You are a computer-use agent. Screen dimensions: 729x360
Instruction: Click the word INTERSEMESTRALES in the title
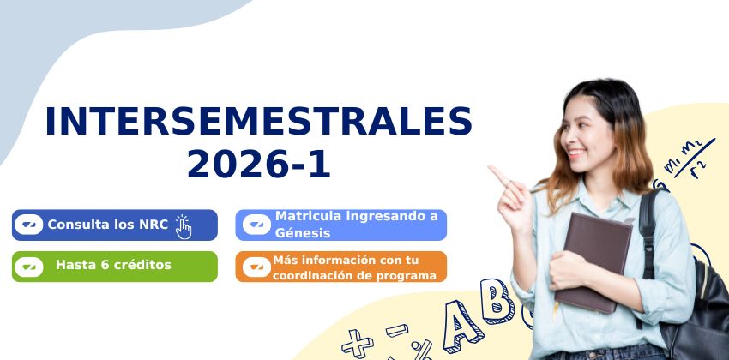click(258, 122)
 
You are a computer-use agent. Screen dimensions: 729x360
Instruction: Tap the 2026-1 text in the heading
click(259, 165)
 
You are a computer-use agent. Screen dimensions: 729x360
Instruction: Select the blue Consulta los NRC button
click(115, 225)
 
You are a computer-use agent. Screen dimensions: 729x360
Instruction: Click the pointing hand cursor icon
click(184, 226)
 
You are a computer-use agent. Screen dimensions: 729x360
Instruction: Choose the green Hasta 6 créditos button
click(115, 267)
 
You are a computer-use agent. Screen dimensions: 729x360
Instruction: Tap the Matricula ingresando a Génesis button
click(340, 225)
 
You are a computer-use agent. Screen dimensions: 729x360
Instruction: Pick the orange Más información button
click(340, 267)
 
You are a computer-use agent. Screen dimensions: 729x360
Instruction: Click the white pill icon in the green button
click(29, 267)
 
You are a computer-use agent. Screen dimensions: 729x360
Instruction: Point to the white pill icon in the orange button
click(256, 267)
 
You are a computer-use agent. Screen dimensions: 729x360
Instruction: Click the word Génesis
click(303, 233)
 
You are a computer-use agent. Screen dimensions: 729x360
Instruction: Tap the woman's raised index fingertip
click(491, 168)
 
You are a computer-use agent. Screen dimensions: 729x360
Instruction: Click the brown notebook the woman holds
click(593, 261)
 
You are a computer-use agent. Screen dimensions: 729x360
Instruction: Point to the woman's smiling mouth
click(576, 152)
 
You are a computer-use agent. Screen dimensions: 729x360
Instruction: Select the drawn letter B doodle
click(497, 301)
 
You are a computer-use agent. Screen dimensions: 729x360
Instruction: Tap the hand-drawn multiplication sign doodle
click(357, 343)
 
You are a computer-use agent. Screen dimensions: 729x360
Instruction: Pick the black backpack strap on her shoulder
click(648, 232)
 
